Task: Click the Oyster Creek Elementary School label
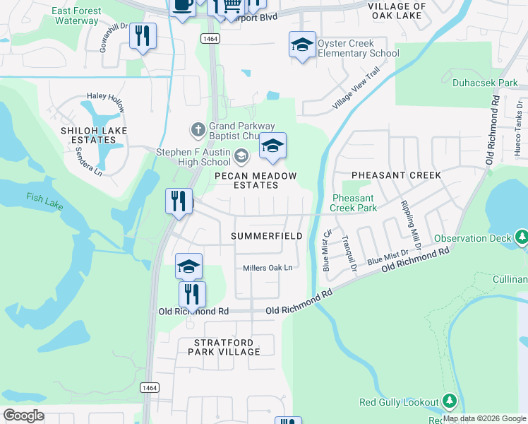pos(358,48)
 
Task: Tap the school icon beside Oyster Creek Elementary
pos(302,46)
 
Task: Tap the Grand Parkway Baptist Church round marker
pos(198,129)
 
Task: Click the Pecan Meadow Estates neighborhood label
pos(256,180)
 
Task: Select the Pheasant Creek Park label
pos(354,203)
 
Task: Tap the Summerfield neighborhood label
pos(268,236)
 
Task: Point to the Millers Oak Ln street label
pos(267,269)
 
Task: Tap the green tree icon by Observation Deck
pos(521,237)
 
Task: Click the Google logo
pos(23,415)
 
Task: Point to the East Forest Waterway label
pos(76,16)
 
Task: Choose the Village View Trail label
pos(357,93)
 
